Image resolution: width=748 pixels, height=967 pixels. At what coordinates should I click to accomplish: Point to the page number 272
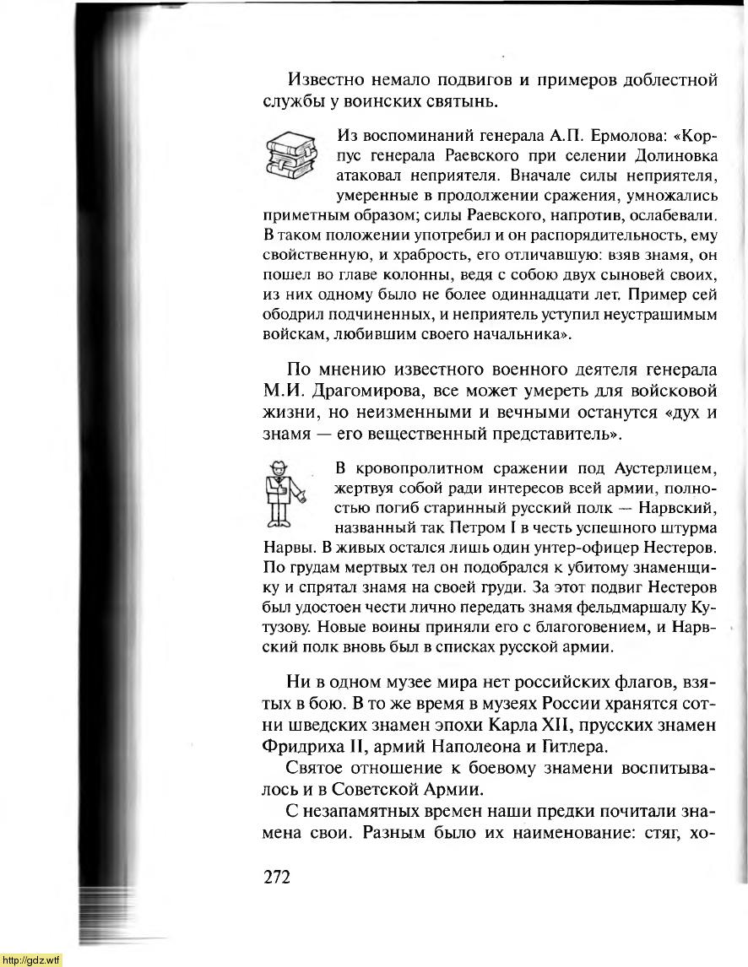(x=277, y=877)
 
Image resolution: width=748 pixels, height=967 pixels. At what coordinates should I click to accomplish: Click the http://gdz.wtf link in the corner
(x=31, y=960)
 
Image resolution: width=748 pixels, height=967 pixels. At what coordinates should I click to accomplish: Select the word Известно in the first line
(x=325, y=81)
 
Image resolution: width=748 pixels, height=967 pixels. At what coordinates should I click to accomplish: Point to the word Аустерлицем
(x=664, y=469)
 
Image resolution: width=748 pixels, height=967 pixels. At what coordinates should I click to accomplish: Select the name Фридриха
(x=302, y=747)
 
